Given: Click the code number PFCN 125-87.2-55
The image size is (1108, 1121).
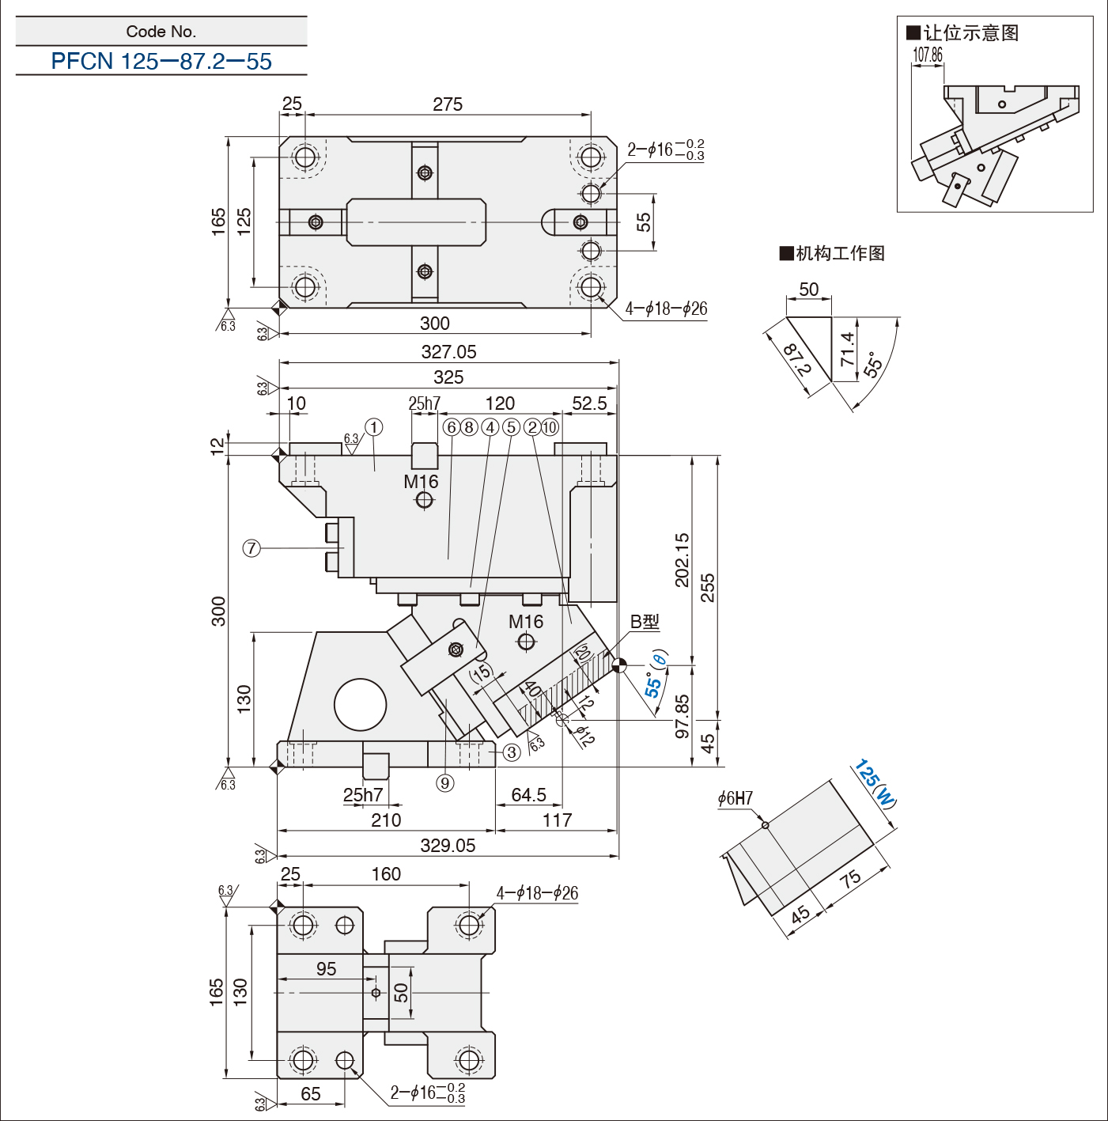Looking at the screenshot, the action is point(161,61).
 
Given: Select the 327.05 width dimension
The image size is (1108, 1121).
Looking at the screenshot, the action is point(448,351).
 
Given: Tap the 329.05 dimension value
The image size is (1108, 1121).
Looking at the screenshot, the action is point(448,845).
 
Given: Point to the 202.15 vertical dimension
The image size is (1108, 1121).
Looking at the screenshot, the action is point(683,559).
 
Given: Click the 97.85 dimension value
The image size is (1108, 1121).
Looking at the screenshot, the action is point(683,717).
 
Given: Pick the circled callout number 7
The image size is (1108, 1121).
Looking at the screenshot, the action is point(251,548).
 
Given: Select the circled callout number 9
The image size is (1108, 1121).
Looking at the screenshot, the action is point(445,783).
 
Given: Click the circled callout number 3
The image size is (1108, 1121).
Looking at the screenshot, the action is point(511,752).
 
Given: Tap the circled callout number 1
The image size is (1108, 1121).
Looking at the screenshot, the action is point(374,427).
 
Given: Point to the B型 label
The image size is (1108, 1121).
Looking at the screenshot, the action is point(645,622).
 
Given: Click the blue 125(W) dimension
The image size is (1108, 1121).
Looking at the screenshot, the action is point(875,783).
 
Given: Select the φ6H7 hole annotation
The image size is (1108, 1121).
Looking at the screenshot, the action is point(736,798).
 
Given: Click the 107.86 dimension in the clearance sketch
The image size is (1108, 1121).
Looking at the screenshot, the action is point(927,55).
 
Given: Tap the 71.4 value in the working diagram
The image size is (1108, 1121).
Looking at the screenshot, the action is point(848,349).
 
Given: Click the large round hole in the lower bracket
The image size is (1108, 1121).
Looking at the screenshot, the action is point(361,704).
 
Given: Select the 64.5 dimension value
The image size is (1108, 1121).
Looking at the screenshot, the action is point(529,794).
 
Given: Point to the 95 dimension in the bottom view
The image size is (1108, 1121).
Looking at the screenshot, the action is point(327,968).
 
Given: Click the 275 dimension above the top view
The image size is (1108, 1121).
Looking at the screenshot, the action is point(448,104).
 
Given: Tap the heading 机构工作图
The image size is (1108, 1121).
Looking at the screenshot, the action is point(832,254).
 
